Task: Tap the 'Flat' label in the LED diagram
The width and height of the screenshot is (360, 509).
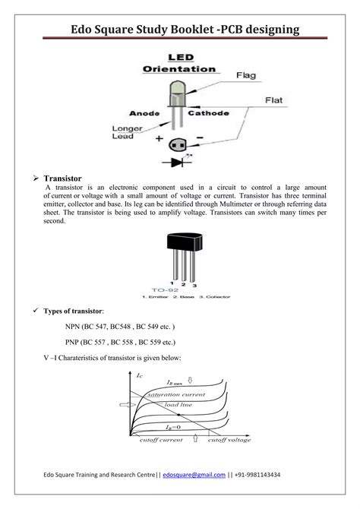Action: pyautogui.click(x=275, y=100)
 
